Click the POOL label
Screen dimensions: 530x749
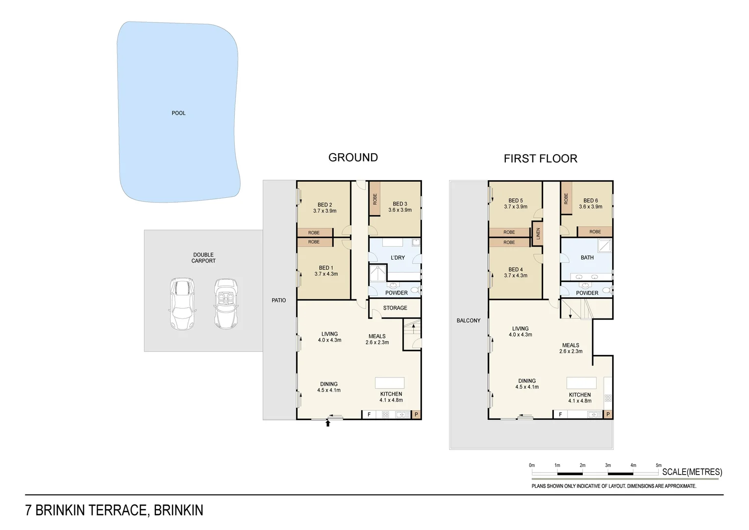click(178, 113)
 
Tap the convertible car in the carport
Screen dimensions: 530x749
click(226, 304)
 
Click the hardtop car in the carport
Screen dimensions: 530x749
click(182, 304)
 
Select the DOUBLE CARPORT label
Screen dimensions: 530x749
click(203, 258)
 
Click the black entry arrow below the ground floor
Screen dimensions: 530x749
click(328, 423)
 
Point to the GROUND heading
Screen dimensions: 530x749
click(353, 158)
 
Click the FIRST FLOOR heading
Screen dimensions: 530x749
click(540, 159)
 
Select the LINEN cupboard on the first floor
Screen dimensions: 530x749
click(537, 234)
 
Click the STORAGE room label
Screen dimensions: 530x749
click(395, 308)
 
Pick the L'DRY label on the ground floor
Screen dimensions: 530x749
click(398, 258)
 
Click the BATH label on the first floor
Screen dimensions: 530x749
click(587, 258)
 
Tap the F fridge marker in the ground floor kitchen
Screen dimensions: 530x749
click(369, 415)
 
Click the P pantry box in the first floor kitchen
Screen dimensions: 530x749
click(608, 414)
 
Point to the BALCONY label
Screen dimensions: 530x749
click(468, 320)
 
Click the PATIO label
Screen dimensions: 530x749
click(278, 300)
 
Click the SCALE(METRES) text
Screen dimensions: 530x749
click(692, 472)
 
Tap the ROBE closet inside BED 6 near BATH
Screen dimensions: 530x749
click(595, 232)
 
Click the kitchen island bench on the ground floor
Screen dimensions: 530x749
click(390, 383)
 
